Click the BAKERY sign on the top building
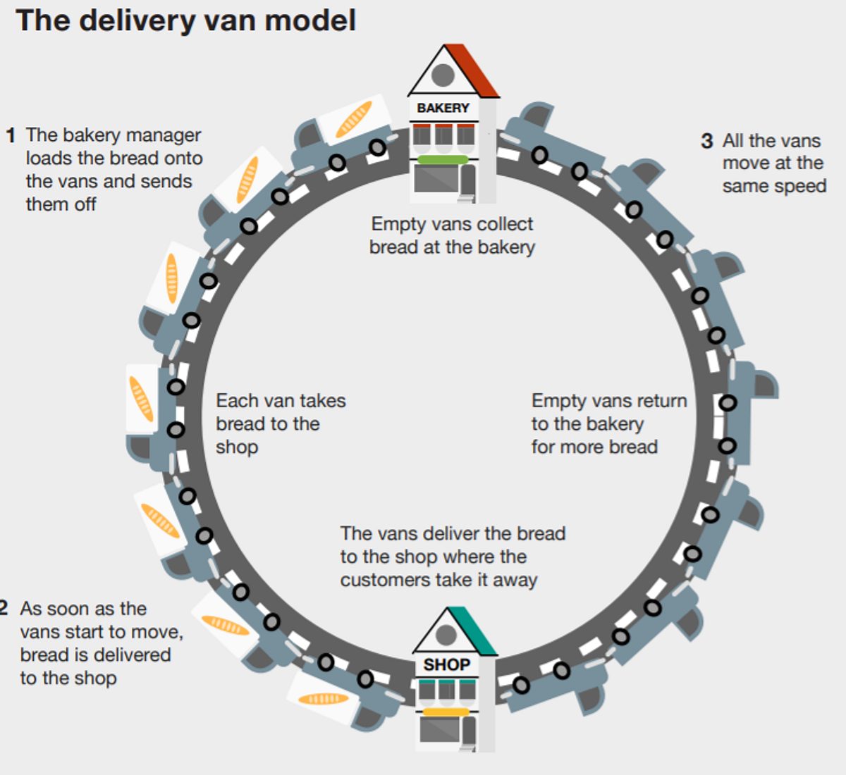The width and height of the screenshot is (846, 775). [x=443, y=108]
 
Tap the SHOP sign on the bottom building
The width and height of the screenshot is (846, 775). [x=446, y=664]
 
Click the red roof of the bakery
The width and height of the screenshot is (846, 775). [x=472, y=70]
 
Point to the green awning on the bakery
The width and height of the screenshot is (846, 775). [x=443, y=159]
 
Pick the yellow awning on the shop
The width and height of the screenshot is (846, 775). [x=446, y=712]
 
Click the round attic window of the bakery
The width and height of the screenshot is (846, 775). [x=443, y=75]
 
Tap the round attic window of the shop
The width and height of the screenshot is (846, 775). [x=446, y=635]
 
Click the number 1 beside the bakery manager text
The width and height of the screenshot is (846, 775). [x=11, y=136]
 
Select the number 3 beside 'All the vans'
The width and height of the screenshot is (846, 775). [x=707, y=141]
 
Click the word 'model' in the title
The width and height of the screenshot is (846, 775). [x=310, y=20]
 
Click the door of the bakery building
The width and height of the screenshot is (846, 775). [x=467, y=182]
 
